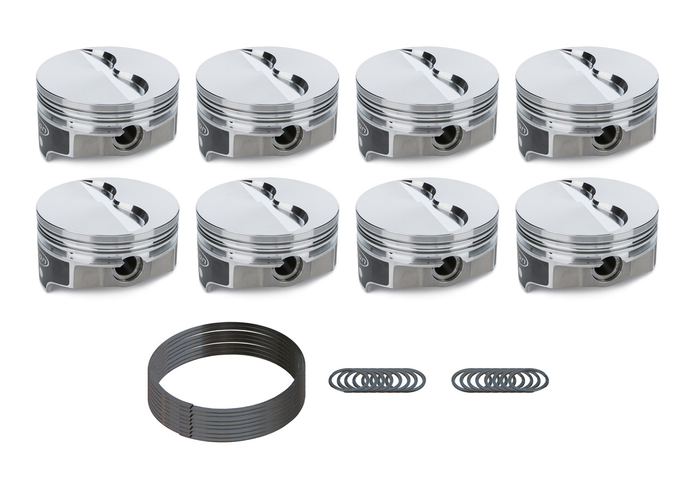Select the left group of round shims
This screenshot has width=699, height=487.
(x=377, y=378)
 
